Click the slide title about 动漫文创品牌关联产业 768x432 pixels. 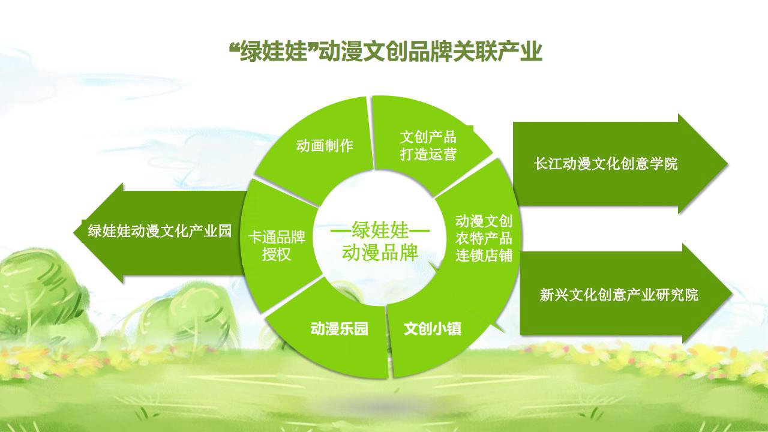385,52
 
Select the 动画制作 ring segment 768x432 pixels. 319,151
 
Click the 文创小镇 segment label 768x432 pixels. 433,329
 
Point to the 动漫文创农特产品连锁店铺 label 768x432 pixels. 484,239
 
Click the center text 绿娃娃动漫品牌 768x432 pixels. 380,241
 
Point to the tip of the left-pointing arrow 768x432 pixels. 74,233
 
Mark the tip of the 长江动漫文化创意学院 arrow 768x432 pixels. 728,164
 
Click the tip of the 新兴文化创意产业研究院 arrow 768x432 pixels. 733,293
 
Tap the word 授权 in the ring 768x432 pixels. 277,254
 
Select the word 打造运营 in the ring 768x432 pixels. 428,154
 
